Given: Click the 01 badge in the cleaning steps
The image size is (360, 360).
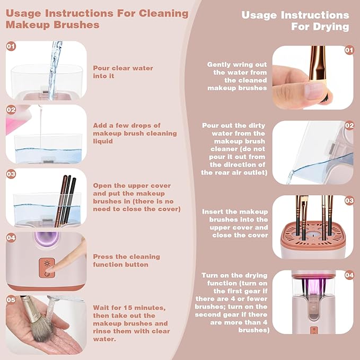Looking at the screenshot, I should tap(11, 47).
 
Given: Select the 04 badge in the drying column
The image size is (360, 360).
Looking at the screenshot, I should tap(348, 275).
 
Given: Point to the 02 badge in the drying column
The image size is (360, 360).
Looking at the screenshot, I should tap(348, 126).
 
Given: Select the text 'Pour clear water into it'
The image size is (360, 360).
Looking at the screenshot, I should tap(123, 72).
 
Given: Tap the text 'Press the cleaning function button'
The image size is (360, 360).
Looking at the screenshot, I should tap(126, 260).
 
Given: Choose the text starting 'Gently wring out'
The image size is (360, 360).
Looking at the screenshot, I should tap(237, 76).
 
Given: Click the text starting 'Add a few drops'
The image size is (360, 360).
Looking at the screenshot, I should tap(135, 133).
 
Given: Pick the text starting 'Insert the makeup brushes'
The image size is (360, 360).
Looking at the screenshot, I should tap(235, 223).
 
